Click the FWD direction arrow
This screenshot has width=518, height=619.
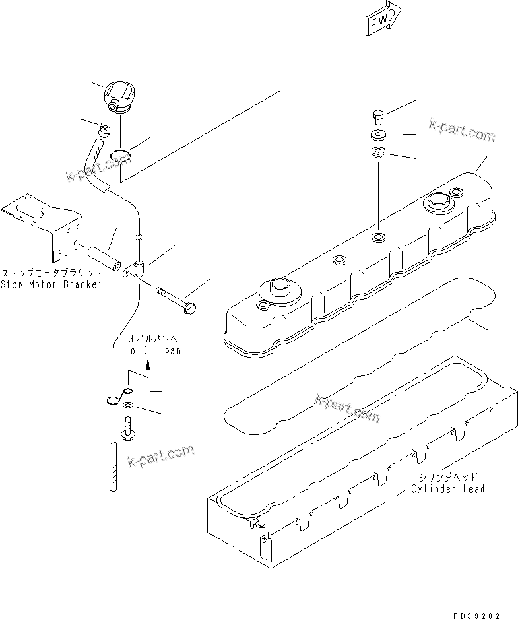pos(383,19)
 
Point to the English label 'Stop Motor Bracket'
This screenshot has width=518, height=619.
pos(51,284)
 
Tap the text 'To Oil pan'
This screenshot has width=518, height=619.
pos(152,351)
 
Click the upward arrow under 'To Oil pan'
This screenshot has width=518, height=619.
pos(148,365)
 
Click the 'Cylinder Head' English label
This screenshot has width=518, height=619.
pos(447,488)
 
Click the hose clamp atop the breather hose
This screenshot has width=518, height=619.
pos(104,129)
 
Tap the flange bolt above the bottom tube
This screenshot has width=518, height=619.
pos(128,430)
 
